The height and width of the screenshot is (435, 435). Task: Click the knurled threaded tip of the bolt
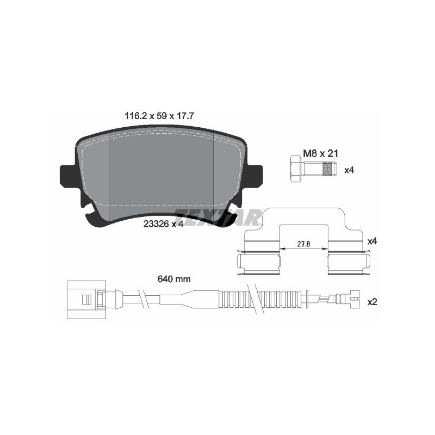(328, 169)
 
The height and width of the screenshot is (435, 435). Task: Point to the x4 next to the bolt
(349, 170)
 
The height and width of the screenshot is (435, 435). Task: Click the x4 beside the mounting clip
(372, 240)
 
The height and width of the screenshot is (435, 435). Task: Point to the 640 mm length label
(175, 279)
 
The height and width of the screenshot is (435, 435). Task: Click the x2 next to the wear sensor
(372, 302)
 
